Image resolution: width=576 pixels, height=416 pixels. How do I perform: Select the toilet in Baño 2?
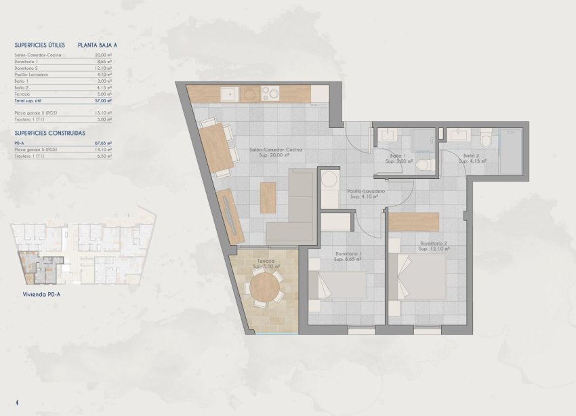(485, 141)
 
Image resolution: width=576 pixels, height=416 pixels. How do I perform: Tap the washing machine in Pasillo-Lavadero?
(329, 180)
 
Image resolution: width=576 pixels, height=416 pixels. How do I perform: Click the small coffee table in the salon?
(268, 196)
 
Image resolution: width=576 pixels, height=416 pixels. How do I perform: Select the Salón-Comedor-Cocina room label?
(275, 150)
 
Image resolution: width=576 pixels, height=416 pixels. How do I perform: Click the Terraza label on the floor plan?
(265, 260)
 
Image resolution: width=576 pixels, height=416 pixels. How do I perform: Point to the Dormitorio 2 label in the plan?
(433, 243)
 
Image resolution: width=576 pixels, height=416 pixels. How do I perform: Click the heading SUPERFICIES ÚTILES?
(39, 45)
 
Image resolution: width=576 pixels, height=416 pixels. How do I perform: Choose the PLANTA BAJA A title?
(98, 45)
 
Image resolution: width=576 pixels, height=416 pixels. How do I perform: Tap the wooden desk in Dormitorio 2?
(414, 222)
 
